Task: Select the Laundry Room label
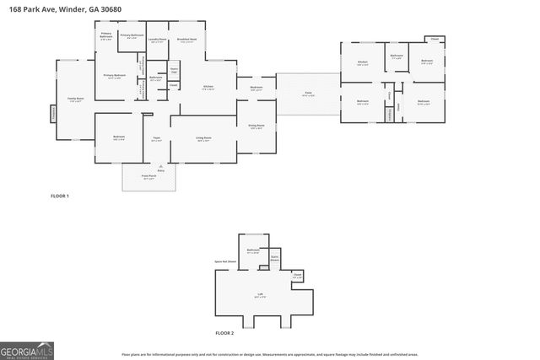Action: coord(157,40)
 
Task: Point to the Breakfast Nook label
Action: coord(187,40)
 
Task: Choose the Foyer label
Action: coord(156,139)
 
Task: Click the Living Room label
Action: coord(203,139)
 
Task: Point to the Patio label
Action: coord(309,94)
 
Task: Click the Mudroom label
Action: coord(256,88)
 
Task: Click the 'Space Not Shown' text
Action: coord(224,263)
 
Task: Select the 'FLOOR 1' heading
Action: coord(59,196)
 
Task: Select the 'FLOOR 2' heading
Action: coord(224,334)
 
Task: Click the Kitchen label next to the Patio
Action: coord(362,63)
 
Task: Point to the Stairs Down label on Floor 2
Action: coord(274,259)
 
